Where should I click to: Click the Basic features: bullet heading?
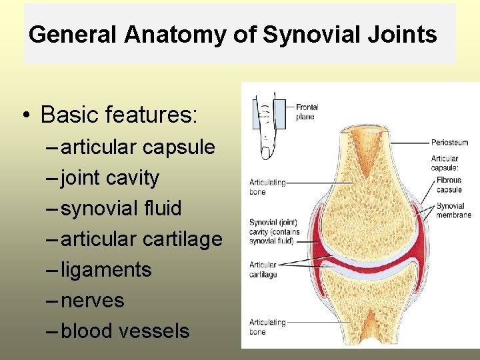point(119,115)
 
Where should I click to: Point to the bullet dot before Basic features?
point(24,116)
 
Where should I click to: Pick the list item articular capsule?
point(138,147)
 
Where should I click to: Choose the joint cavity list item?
point(110,177)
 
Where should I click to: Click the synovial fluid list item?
point(121,208)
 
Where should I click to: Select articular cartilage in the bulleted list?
point(141,239)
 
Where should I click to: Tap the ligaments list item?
point(106,269)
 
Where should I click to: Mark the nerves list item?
point(92,300)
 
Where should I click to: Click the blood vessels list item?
point(125,331)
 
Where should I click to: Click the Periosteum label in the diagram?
point(449,142)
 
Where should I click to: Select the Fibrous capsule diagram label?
point(449,185)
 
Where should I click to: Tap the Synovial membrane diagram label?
point(453,211)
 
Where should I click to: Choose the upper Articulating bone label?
point(267,187)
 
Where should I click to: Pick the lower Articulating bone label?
point(267,327)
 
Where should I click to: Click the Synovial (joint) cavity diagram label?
point(274,231)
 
